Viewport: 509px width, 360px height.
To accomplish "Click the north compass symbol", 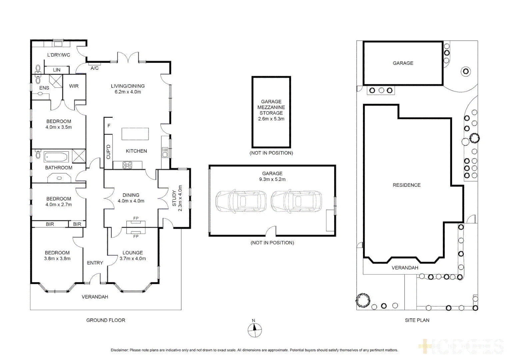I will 255,330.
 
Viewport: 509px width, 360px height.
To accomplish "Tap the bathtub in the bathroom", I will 56,157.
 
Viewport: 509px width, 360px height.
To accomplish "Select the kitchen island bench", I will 135,134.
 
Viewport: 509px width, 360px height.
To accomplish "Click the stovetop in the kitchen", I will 127,165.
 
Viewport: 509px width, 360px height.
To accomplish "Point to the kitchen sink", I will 165,153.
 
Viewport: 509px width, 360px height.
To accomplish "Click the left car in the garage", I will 241,201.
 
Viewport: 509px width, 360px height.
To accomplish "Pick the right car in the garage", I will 296,201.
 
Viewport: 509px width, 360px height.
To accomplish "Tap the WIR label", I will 74,86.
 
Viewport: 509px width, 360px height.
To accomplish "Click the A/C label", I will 95,68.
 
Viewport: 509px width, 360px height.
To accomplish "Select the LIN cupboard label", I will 57,70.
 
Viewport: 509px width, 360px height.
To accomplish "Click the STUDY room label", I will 174,198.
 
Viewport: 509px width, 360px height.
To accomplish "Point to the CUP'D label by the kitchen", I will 108,152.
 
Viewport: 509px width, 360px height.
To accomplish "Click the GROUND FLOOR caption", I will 106,320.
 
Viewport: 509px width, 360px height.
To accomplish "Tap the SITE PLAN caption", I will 417,320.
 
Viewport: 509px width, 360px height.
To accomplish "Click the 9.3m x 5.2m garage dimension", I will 272,179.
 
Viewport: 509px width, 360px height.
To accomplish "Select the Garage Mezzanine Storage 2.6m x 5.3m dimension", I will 271,119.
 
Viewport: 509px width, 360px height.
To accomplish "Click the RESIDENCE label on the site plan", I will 406,185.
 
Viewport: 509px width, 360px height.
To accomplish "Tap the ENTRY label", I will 95,263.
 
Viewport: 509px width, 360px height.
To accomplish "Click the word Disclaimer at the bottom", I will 119,350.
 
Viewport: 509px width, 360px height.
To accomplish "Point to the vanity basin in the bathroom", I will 59,178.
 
